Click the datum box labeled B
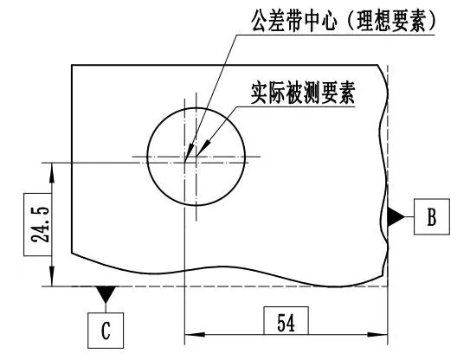(x=432, y=216)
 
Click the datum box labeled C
(x=106, y=331)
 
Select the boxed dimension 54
(x=286, y=320)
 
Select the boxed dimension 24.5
(x=38, y=224)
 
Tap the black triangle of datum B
(x=396, y=216)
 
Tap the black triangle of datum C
(x=106, y=294)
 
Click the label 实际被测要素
(x=303, y=93)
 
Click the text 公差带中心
(x=294, y=20)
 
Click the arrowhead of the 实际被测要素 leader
(x=203, y=147)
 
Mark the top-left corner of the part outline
(x=72, y=65)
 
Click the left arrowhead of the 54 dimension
(x=195, y=335)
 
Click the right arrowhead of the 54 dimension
(x=377, y=335)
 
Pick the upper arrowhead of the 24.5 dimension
(x=52, y=173)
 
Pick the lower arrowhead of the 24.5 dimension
(x=52, y=276)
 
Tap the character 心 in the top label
(x=327, y=20)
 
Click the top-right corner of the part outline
(x=378, y=65)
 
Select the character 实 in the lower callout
(x=260, y=93)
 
